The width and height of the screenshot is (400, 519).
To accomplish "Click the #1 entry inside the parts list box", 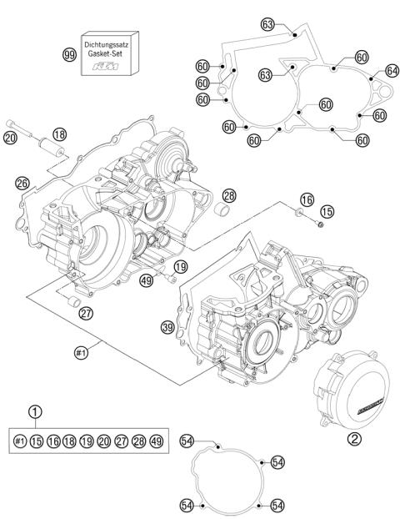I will click(20, 440).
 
